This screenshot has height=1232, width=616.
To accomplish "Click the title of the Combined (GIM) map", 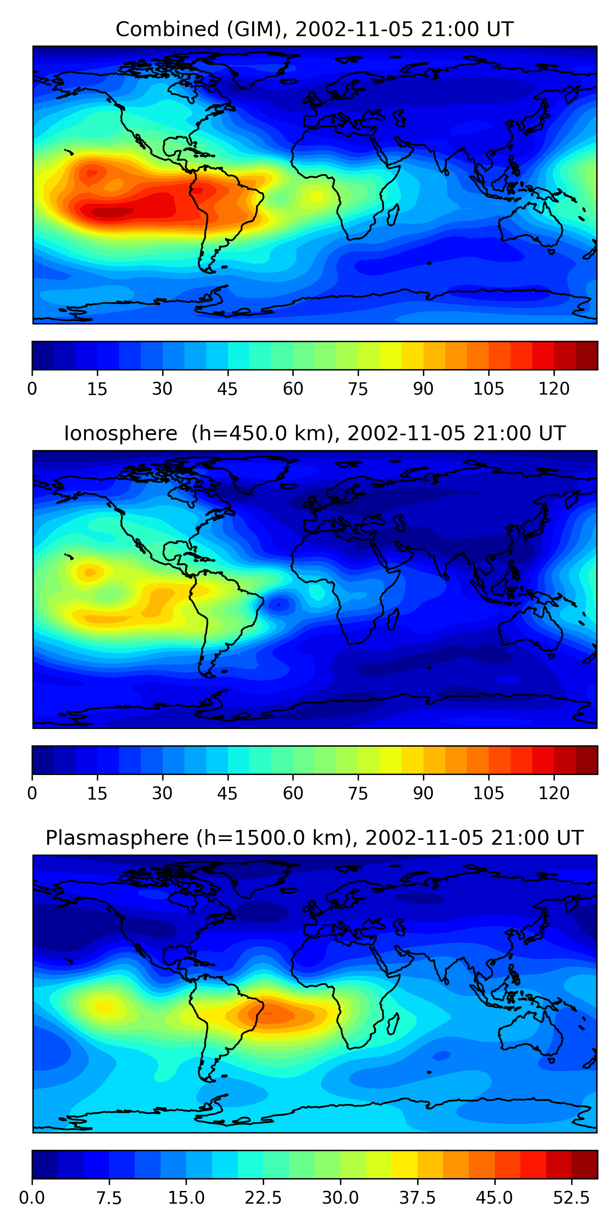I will click(314, 29).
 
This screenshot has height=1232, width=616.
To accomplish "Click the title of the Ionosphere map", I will click(314, 433).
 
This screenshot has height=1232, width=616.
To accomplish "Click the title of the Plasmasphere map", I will click(314, 838).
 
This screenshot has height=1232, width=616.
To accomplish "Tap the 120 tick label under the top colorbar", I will click(554, 389).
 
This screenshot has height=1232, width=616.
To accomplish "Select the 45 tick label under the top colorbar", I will click(227, 389).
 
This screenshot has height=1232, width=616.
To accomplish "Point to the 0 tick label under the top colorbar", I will click(32, 389).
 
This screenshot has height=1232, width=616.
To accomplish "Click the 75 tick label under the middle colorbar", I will click(358, 793).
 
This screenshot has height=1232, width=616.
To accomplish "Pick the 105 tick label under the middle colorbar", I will click(488, 793).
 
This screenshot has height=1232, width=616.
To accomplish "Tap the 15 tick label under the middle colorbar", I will click(97, 793).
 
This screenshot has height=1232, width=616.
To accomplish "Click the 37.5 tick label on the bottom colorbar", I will click(418, 1198).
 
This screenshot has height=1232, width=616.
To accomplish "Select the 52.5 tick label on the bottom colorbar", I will click(572, 1198).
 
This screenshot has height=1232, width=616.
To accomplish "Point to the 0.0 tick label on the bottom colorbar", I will click(32, 1198).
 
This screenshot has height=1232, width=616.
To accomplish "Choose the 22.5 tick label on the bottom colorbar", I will click(263, 1198).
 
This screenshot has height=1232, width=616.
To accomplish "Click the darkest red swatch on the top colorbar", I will click(586, 355).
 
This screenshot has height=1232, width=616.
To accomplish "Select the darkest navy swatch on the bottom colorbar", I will click(44, 1165).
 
